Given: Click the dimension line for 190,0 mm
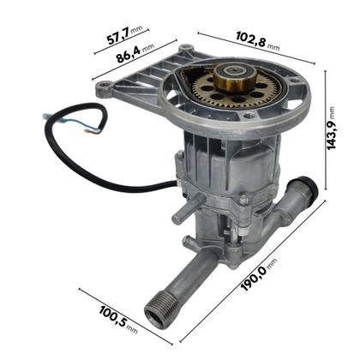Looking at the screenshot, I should [257, 274].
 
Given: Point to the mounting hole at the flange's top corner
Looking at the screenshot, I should [186, 46].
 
